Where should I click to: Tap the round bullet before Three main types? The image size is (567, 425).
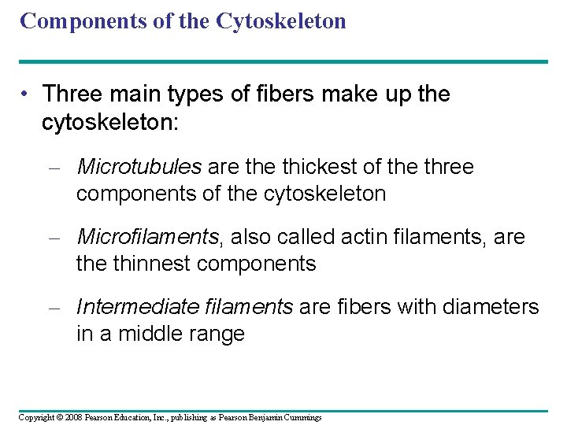pos(26,94)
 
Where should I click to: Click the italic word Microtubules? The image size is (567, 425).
pos(139,167)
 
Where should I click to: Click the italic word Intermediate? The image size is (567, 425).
pos(133,307)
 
